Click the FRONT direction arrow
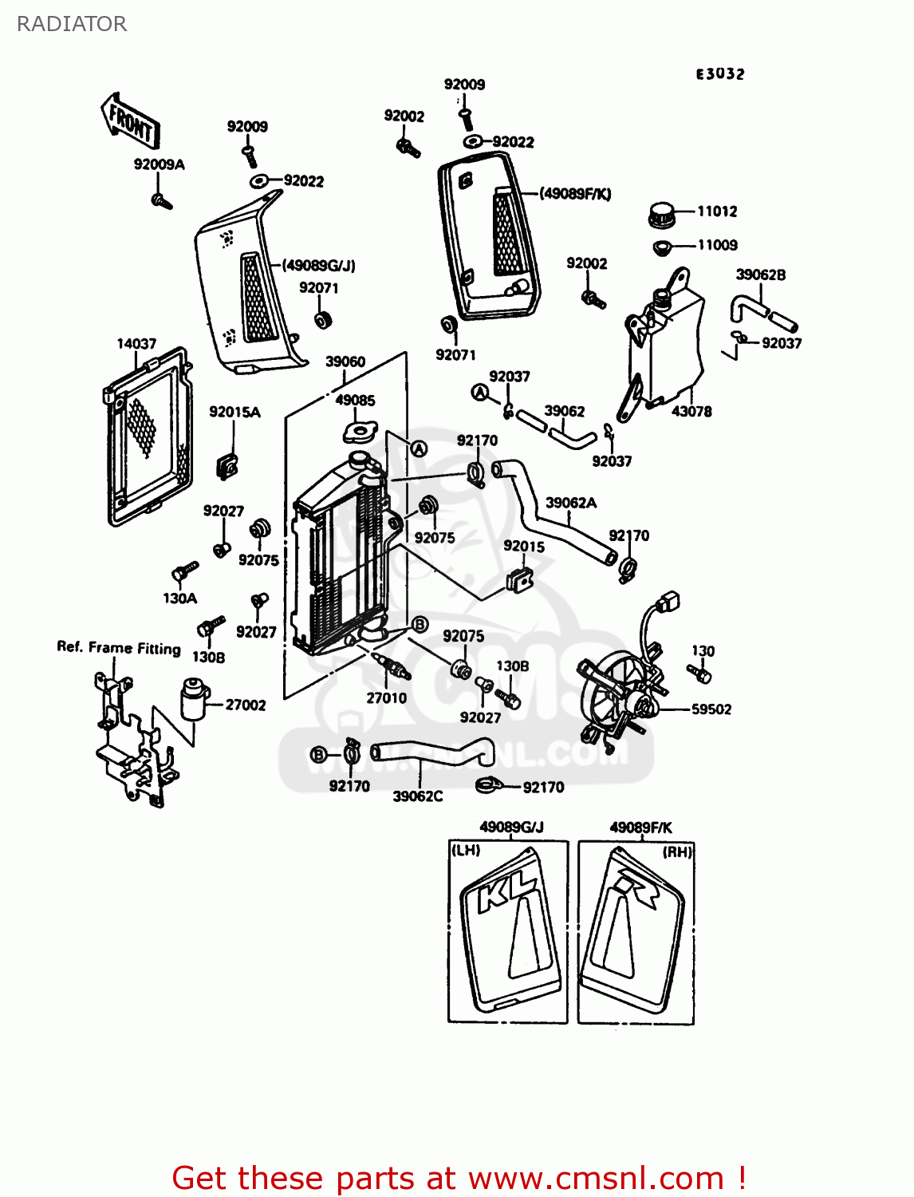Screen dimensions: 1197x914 click(130, 120)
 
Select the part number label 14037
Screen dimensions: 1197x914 click(136, 344)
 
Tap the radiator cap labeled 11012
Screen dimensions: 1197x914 click(661, 214)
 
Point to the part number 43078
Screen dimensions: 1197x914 click(691, 412)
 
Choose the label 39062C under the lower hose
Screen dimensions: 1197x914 click(417, 796)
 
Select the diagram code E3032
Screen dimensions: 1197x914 click(720, 74)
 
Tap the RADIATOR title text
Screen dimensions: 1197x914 click(72, 24)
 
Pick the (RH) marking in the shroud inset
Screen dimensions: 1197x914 click(677, 852)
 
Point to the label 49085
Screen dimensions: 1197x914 click(355, 401)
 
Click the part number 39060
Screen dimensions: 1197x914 click(345, 361)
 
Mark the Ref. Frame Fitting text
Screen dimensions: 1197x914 click(119, 647)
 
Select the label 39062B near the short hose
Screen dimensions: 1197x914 click(760, 275)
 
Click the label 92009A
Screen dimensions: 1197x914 click(160, 164)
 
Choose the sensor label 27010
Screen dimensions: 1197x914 click(386, 698)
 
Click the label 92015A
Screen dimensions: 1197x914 click(234, 413)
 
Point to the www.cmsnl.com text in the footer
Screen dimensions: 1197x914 click(596, 1179)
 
